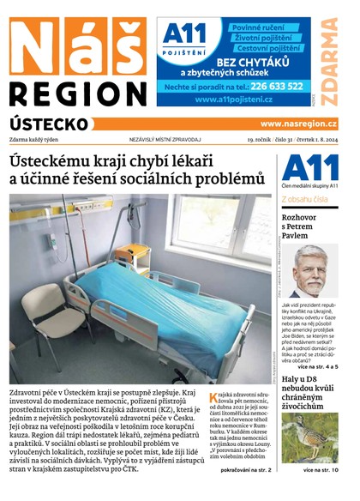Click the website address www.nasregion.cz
(298, 124)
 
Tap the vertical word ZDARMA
(329, 59)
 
